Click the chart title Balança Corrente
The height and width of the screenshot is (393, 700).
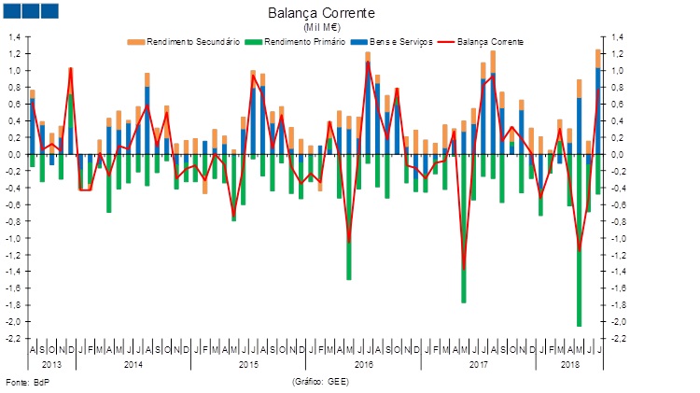click(321, 14)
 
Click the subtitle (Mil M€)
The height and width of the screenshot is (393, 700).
click(321, 28)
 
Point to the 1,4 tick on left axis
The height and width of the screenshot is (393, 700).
click(15, 37)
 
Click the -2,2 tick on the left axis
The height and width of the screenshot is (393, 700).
click(14, 339)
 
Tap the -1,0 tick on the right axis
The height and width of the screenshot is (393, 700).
click(618, 238)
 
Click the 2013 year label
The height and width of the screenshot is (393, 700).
click(51, 362)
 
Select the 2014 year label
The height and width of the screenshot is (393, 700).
click(133, 362)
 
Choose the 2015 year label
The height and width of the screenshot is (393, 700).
click(249, 362)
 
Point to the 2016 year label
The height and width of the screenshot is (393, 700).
click(365, 362)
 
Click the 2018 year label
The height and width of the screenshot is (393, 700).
click(568, 362)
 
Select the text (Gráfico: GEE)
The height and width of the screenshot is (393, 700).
click(321, 383)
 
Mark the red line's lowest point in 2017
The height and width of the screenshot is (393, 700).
click(463, 269)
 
